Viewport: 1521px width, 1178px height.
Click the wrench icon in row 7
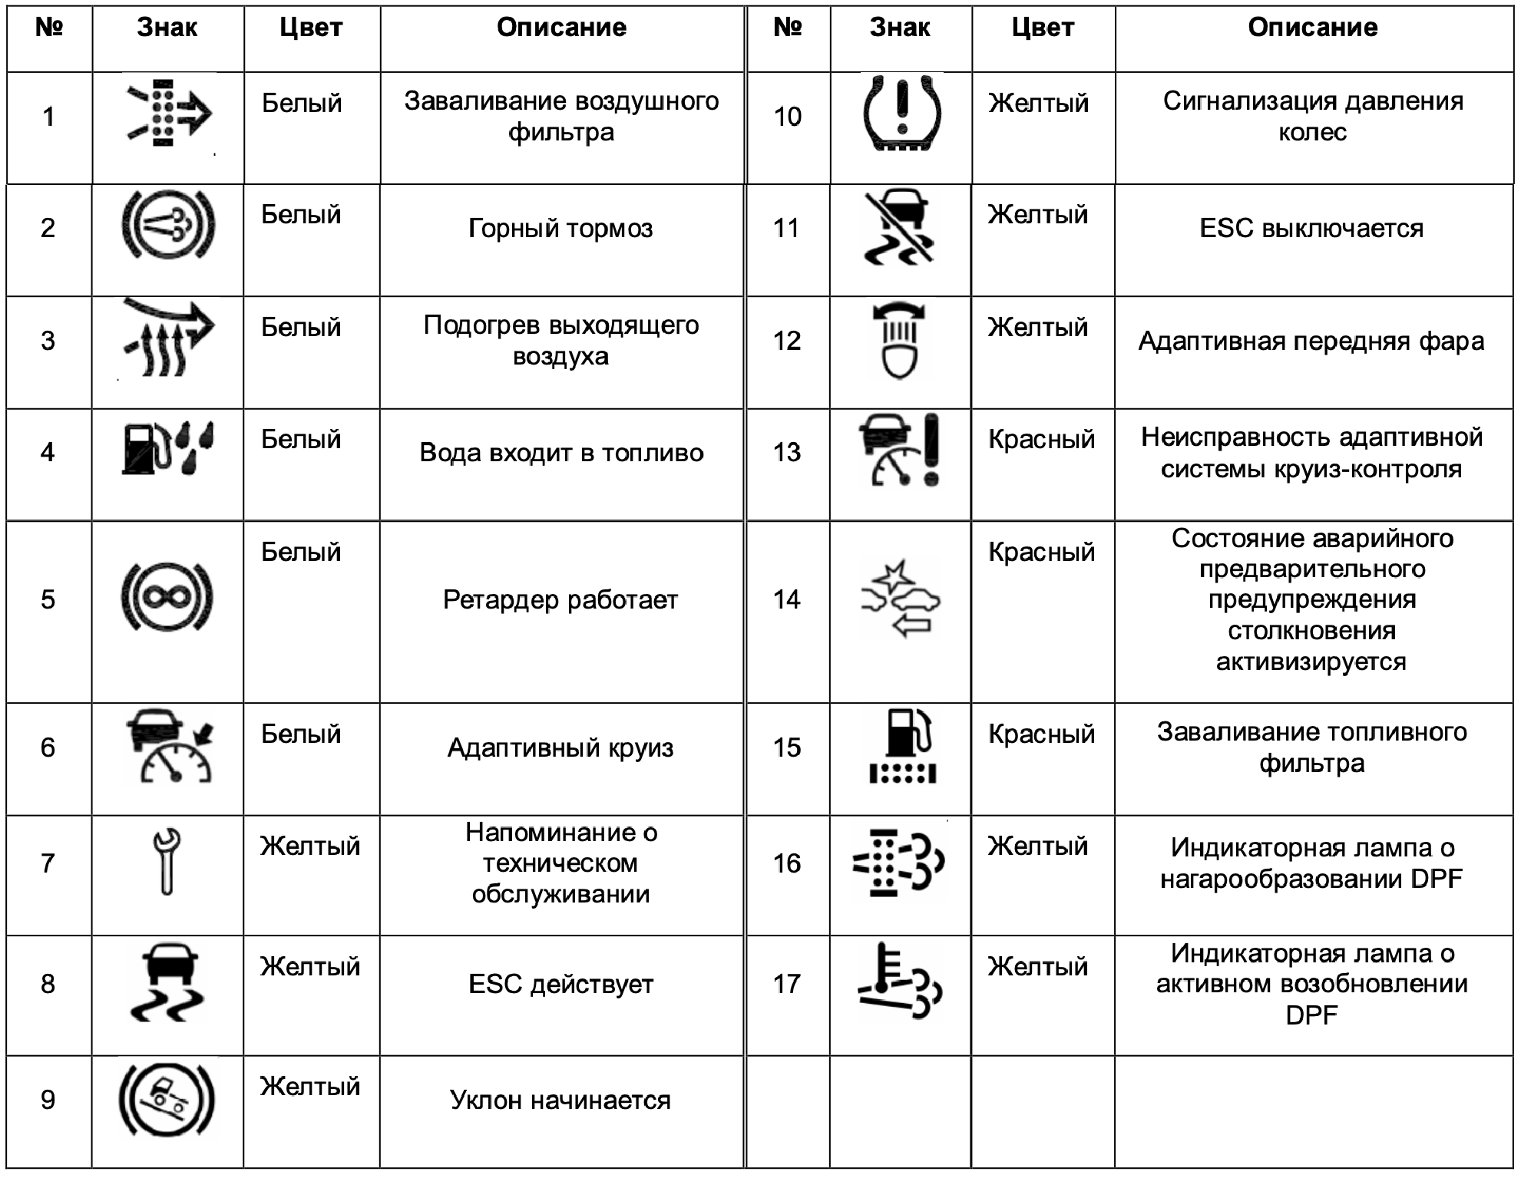tap(167, 861)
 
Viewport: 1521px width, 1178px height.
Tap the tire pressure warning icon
tap(901, 114)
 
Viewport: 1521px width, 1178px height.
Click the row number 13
tap(787, 452)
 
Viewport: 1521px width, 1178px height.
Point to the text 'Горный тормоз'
tap(560, 229)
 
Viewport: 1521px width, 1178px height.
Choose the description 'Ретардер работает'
tap(560, 599)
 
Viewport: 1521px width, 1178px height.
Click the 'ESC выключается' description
tap(1311, 229)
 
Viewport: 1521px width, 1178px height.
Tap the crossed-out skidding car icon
tap(899, 227)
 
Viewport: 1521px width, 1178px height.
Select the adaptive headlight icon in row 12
tap(899, 341)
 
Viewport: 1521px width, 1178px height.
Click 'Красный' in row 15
tap(1041, 734)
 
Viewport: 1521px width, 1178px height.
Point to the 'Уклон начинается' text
tap(560, 1100)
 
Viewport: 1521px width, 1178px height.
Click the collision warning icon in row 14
tap(900, 599)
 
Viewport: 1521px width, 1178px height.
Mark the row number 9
tap(48, 1100)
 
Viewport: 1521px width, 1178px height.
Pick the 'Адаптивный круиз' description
tap(560, 747)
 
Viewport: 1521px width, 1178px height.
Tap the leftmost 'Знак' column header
tap(167, 28)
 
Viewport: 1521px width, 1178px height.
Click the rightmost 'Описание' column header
tap(1312, 28)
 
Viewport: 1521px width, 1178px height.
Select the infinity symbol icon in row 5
tap(167, 598)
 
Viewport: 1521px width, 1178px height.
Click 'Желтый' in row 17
tap(1038, 966)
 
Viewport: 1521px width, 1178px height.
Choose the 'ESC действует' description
tap(560, 985)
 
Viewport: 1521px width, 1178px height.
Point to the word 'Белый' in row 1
tap(302, 104)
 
